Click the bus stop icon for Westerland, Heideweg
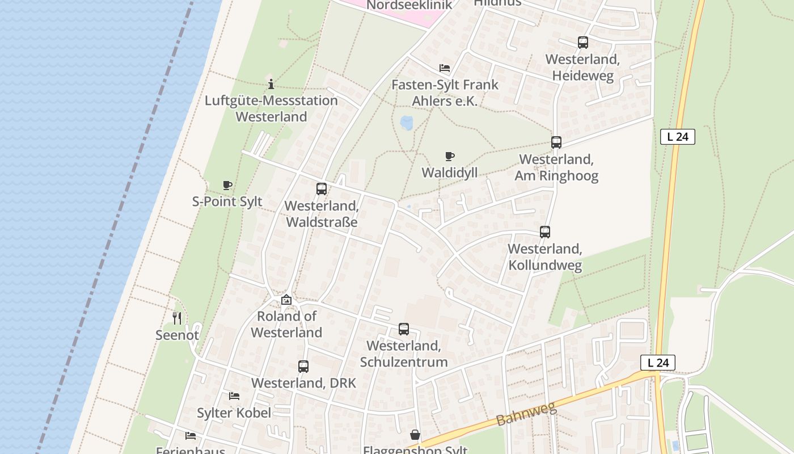[x=582, y=43]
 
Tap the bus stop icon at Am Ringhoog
[x=556, y=142]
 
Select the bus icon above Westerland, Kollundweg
[x=544, y=232]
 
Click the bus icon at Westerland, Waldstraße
[x=321, y=189]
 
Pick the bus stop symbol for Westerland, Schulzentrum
[x=403, y=329]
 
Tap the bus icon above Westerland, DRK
[x=303, y=367]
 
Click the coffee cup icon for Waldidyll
[x=449, y=156]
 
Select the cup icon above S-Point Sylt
[x=227, y=185]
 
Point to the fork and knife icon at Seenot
[x=177, y=318]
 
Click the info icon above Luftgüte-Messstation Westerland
[x=271, y=84]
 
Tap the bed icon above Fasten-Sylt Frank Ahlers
[x=445, y=68]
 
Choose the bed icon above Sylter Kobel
[x=234, y=396]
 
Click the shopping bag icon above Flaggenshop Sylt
[x=415, y=435]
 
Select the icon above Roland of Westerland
[x=286, y=300]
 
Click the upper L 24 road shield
[x=677, y=137]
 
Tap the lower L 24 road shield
[x=658, y=363]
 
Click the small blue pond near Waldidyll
[x=407, y=123]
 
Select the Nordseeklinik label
[x=409, y=6]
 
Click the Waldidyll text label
[x=449, y=173]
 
